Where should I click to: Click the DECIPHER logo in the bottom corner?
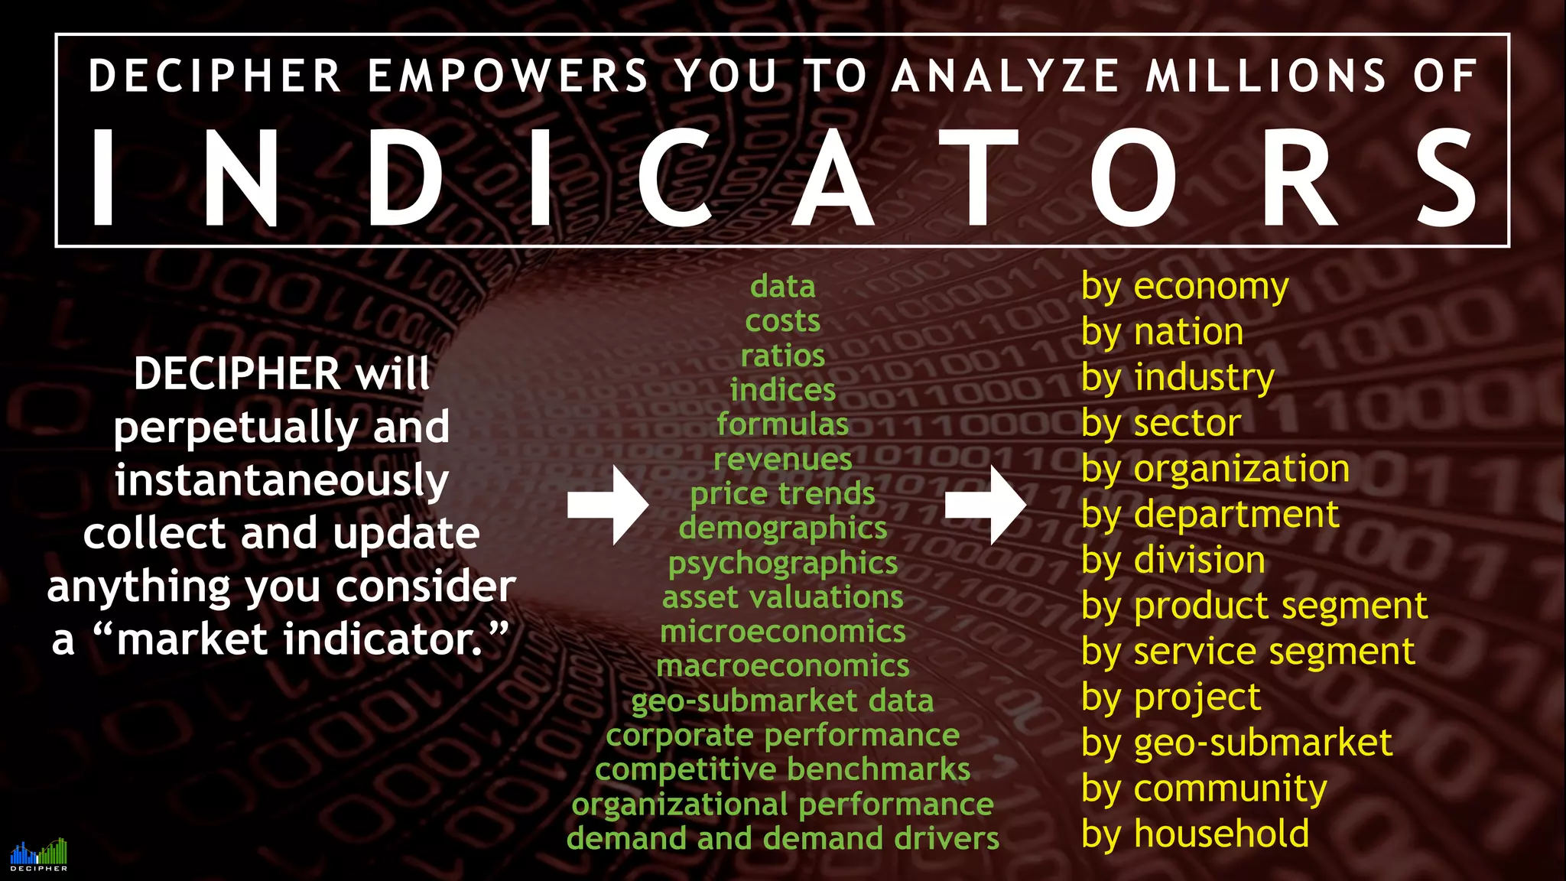click(38, 854)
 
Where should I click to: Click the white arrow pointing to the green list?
click(609, 506)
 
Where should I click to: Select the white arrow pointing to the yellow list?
click(986, 506)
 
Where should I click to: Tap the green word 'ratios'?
click(782, 356)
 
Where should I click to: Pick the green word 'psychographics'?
click(782, 564)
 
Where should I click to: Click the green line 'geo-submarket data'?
click(782, 701)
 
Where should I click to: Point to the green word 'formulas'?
click(782, 424)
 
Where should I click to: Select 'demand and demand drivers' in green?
click(782, 839)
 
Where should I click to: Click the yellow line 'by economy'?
click(1184, 288)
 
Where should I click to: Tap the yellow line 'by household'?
click(1194, 834)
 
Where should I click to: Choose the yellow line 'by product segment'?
click(1254, 606)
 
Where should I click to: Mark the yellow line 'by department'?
click(1210, 515)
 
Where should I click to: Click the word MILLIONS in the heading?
click(1265, 76)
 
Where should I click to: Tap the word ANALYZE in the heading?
click(1006, 76)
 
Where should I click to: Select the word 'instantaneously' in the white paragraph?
click(281, 480)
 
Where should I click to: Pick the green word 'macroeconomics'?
click(782, 667)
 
